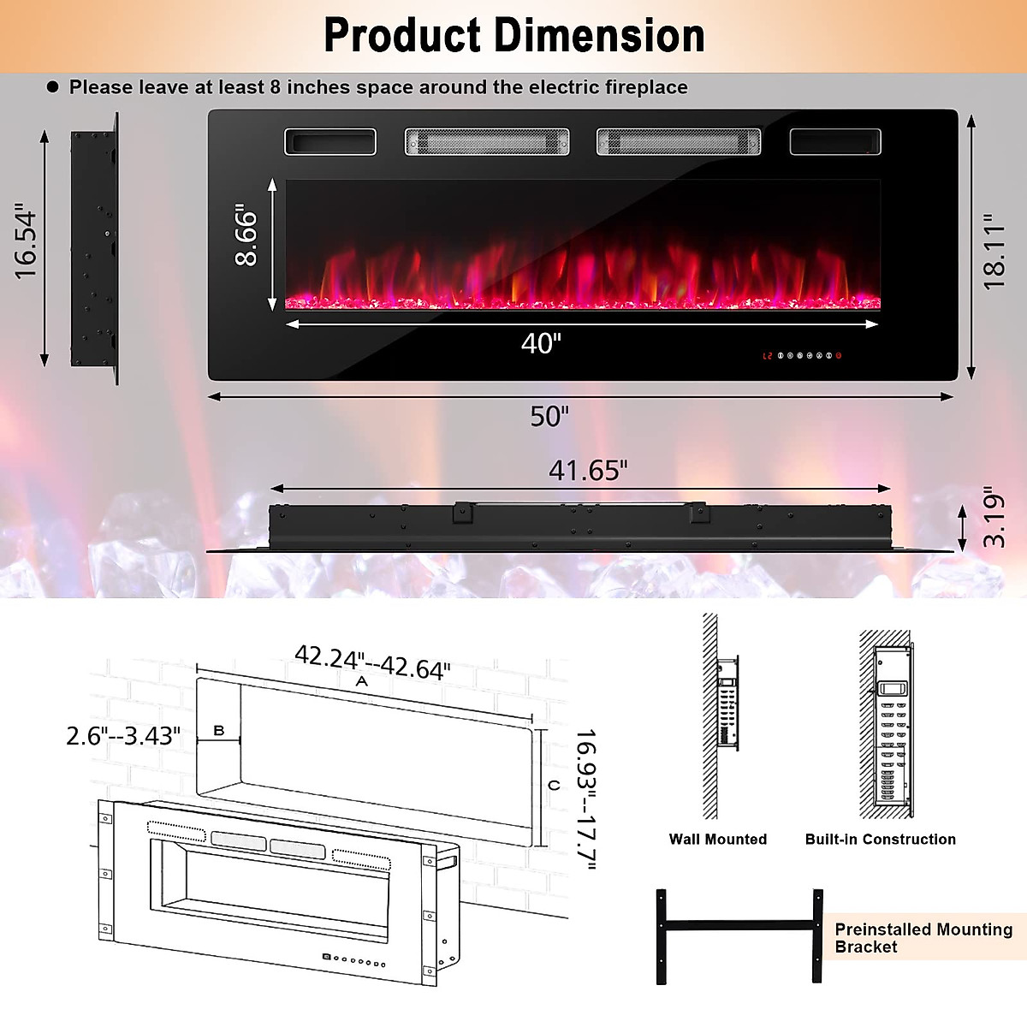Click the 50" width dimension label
pos(549,416)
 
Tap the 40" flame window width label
pos(541,343)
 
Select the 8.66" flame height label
pos(246,234)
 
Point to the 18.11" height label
pos(994,252)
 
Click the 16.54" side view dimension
pos(26,240)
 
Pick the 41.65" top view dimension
pos(588,471)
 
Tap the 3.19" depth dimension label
pos(994,517)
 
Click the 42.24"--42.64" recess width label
pos(372,662)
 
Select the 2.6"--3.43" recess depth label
pos(123,736)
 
